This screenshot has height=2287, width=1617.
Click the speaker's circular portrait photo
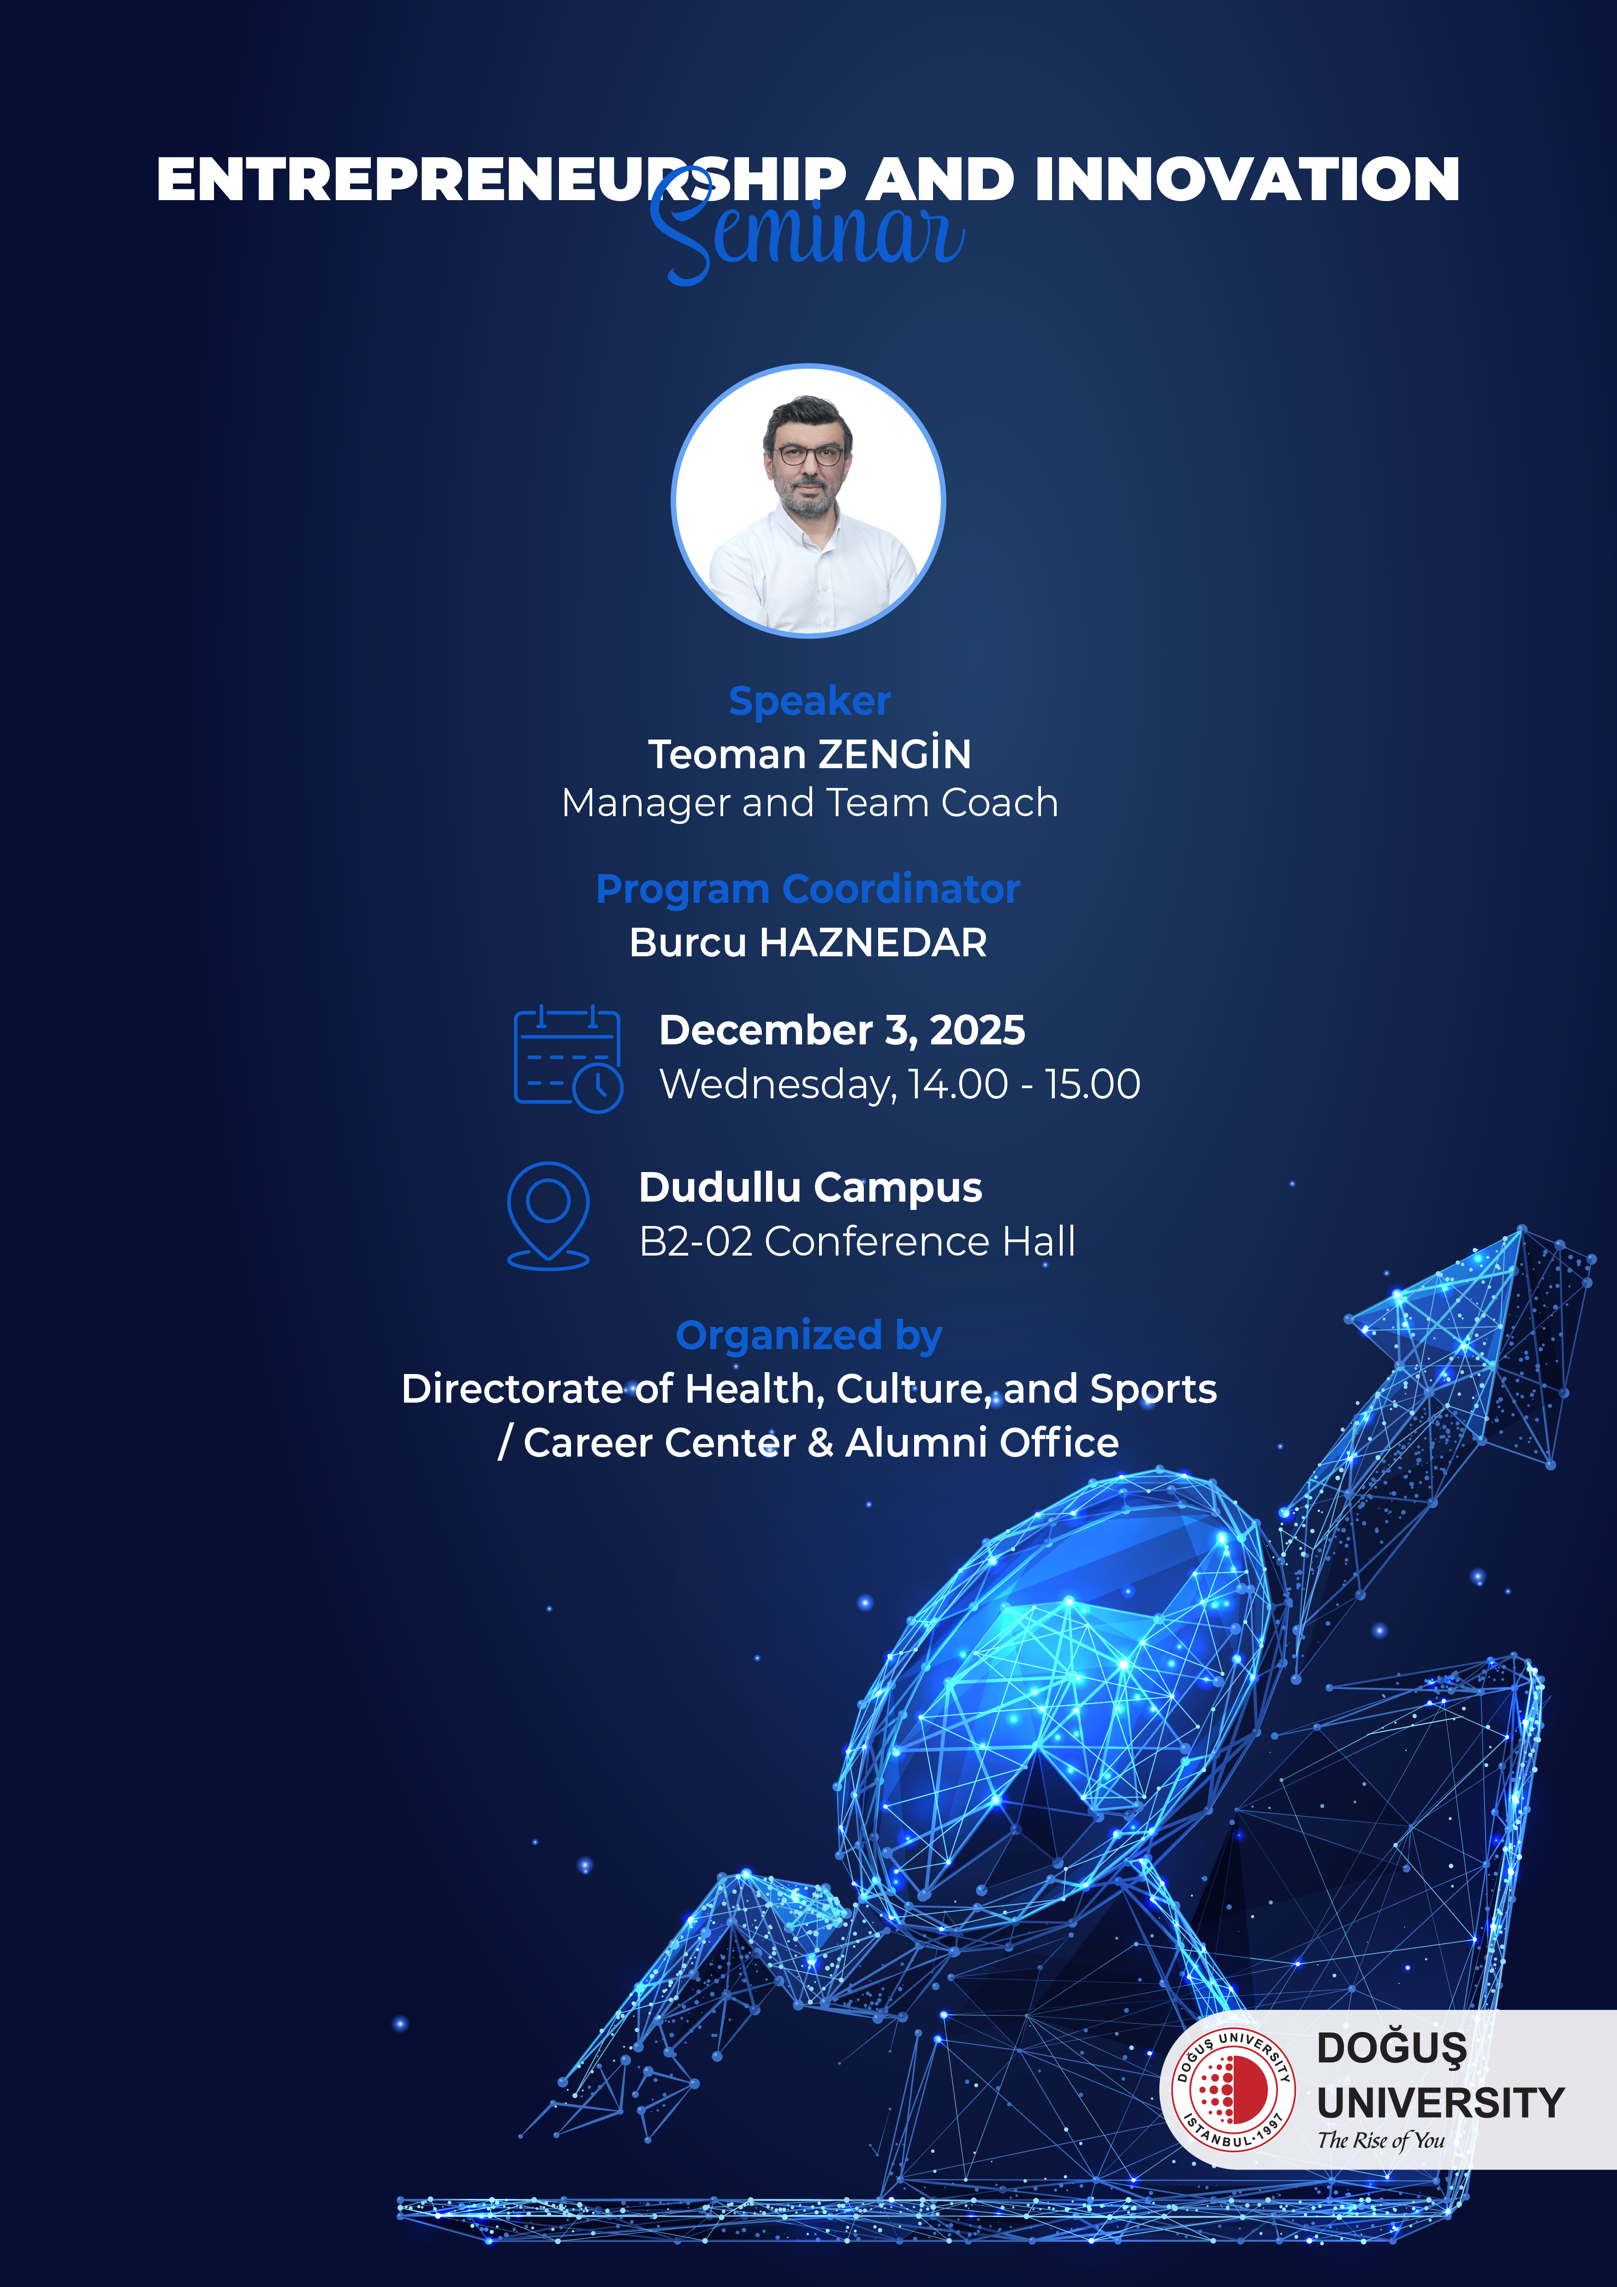808,500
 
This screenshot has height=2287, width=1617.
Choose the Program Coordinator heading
808,889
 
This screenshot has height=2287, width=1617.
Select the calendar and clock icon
568,1059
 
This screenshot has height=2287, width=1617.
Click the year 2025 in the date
977,1030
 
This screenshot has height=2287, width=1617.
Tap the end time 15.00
1093,1084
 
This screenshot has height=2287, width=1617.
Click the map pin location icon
548,1215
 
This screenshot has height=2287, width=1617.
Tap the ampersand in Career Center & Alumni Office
821,1442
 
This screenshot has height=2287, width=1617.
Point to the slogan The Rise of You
1381,2139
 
